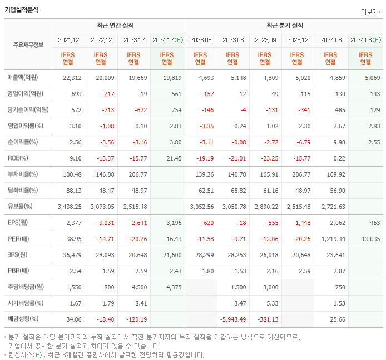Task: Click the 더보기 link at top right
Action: (371, 12)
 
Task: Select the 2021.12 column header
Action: (68, 40)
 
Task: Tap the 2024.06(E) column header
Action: (365, 40)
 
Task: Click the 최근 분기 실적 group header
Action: (284, 26)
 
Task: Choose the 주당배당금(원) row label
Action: (26, 287)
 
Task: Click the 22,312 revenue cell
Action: (72, 78)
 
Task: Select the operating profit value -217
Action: (106, 94)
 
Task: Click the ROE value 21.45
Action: (174, 158)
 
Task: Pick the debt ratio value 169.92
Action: (334, 174)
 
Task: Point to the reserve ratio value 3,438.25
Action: (70, 207)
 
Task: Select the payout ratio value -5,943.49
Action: (233, 319)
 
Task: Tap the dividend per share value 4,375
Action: (174, 287)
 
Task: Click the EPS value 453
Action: (374, 223)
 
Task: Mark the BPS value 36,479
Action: (72, 255)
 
